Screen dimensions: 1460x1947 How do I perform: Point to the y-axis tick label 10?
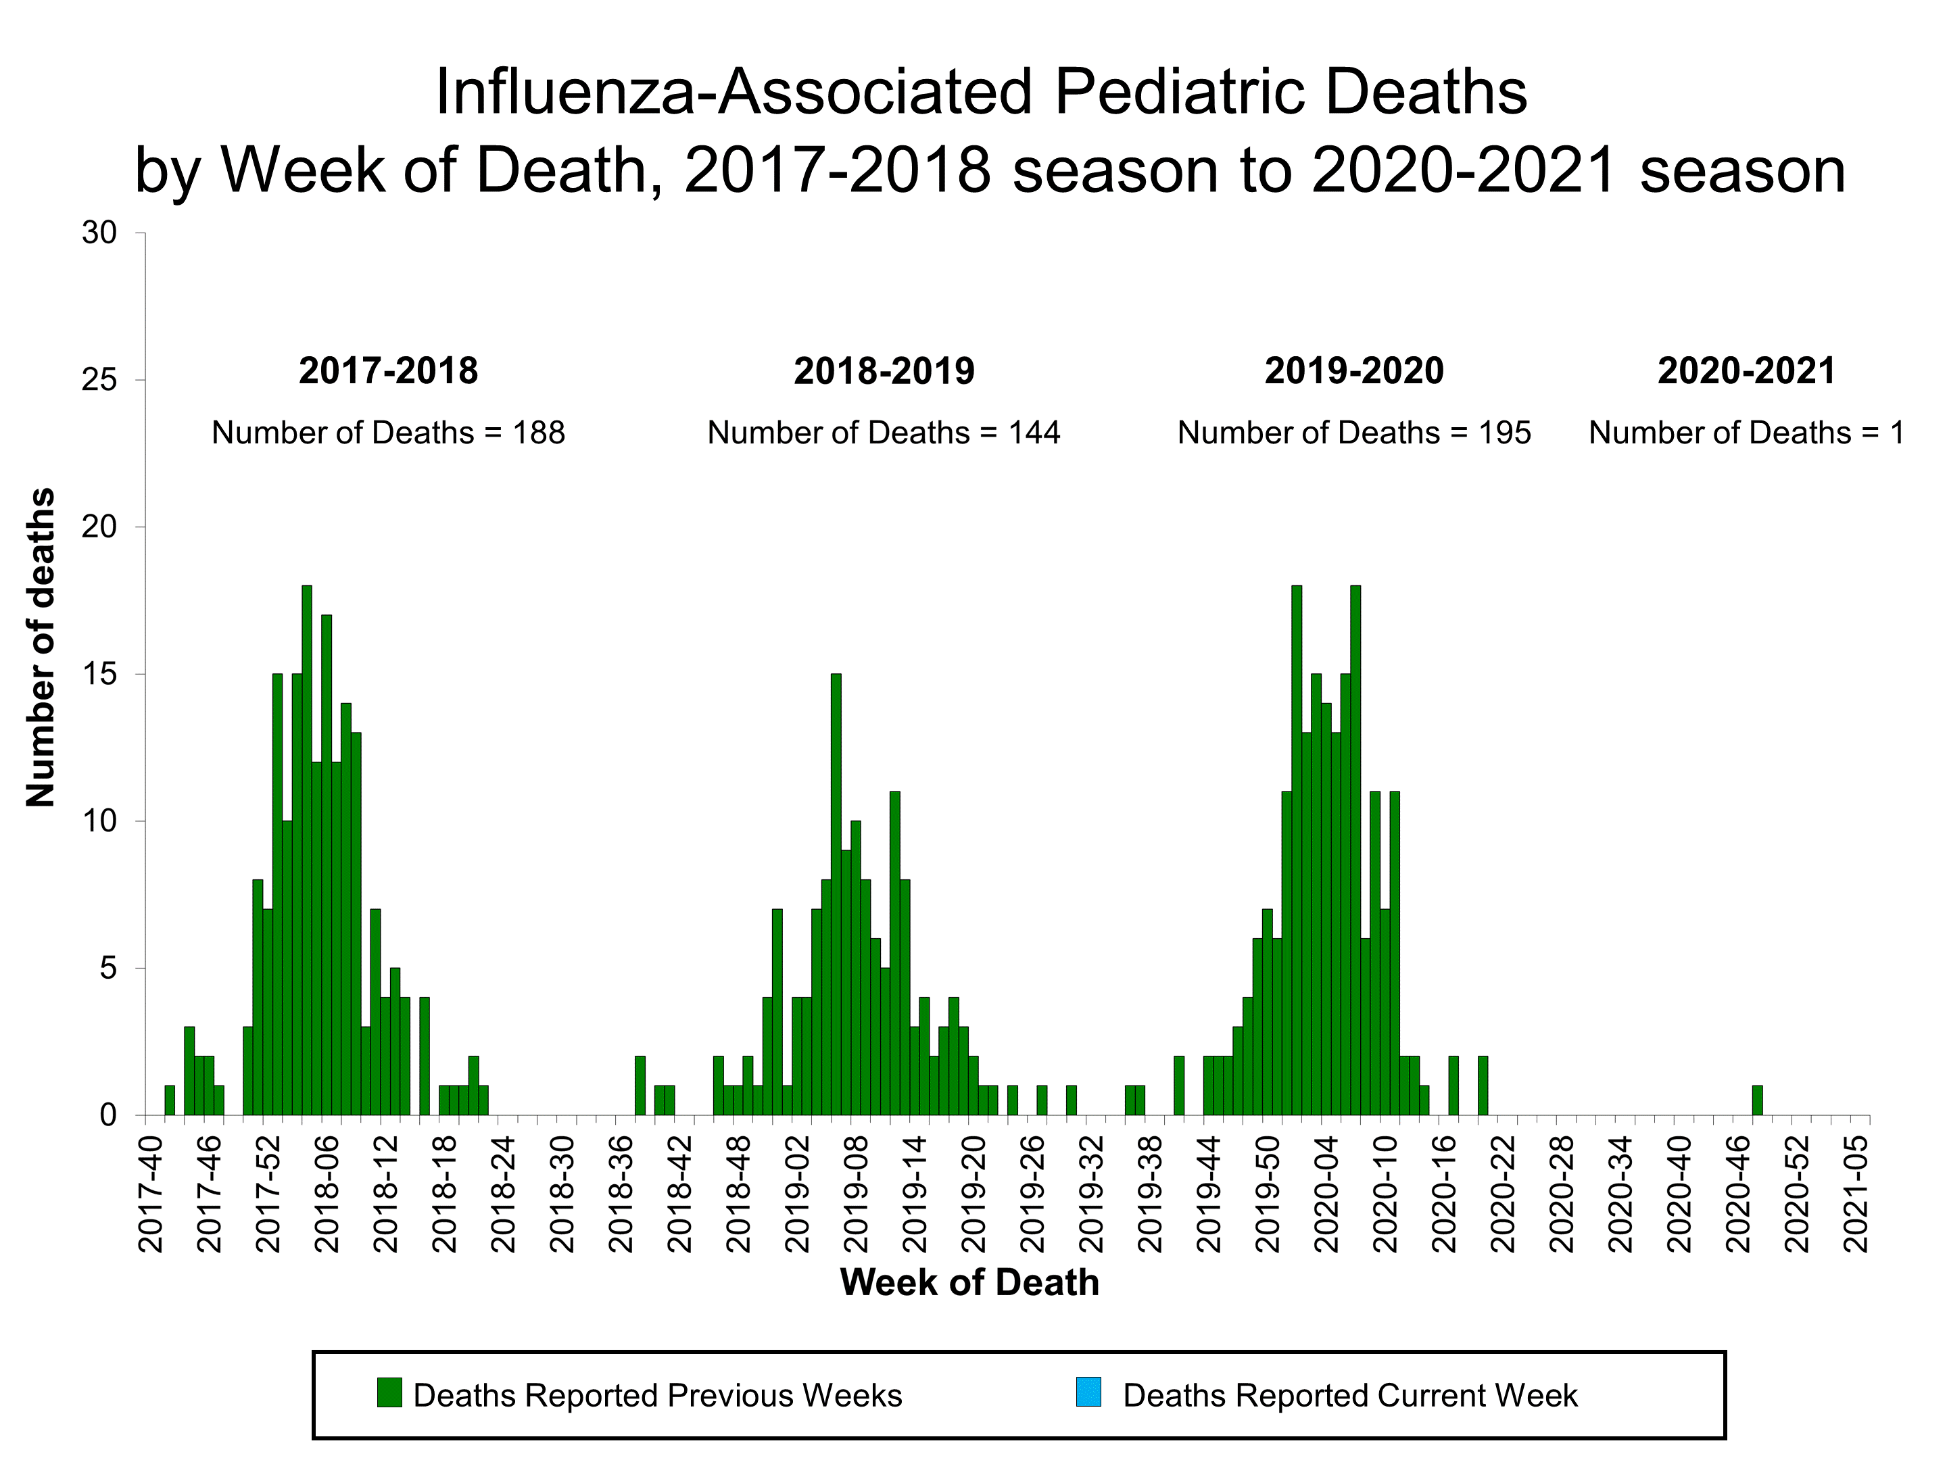coord(99,821)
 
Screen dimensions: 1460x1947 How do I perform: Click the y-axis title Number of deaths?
coord(41,647)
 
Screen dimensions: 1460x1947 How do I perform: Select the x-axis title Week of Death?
coord(969,1282)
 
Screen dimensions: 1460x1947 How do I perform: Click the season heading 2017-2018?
coord(388,370)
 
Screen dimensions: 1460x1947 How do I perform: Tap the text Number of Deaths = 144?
coord(884,433)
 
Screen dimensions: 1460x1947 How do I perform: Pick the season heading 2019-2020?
coord(1353,370)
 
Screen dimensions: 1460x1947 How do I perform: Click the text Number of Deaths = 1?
coord(1746,433)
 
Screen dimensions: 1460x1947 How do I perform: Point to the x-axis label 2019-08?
coord(857,1193)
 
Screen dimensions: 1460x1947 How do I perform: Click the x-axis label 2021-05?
coord(1856,1193)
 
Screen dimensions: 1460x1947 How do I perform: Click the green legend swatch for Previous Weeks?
coord(389,1392)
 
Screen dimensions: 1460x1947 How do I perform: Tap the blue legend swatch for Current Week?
coord(1089,1392)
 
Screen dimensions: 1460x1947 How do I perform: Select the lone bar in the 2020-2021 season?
coord(1757,1100)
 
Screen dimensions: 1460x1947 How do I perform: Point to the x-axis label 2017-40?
coord(151,1193)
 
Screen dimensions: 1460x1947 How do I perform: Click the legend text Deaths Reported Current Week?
coord(1350,1396)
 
